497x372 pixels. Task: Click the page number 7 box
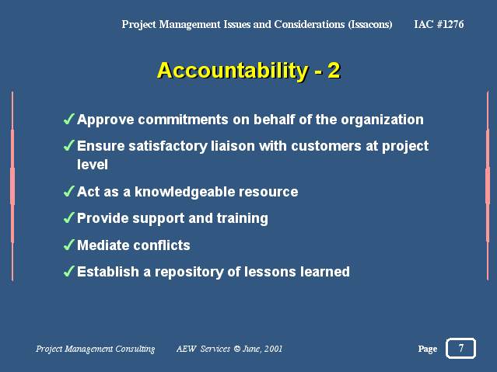[460, 348]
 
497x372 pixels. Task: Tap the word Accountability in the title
[233, 71]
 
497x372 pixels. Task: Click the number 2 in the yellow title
[334, 70]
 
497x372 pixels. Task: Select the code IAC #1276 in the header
[439, 24]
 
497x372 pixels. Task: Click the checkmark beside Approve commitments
[69, 119]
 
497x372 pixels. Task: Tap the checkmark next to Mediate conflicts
[69, 245]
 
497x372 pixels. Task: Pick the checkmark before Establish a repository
[69, 271]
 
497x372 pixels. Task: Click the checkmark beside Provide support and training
[69, 217]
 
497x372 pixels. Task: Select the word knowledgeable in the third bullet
[184, 192]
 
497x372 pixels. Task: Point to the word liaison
[233, 146]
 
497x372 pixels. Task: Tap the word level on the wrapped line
[93, 165]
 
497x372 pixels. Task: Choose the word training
[242, 218]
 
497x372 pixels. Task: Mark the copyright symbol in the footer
[236, 349]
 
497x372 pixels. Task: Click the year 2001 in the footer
[273, 349]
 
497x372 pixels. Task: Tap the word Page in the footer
[427, 349]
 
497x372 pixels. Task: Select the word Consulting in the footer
[135, 349]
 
